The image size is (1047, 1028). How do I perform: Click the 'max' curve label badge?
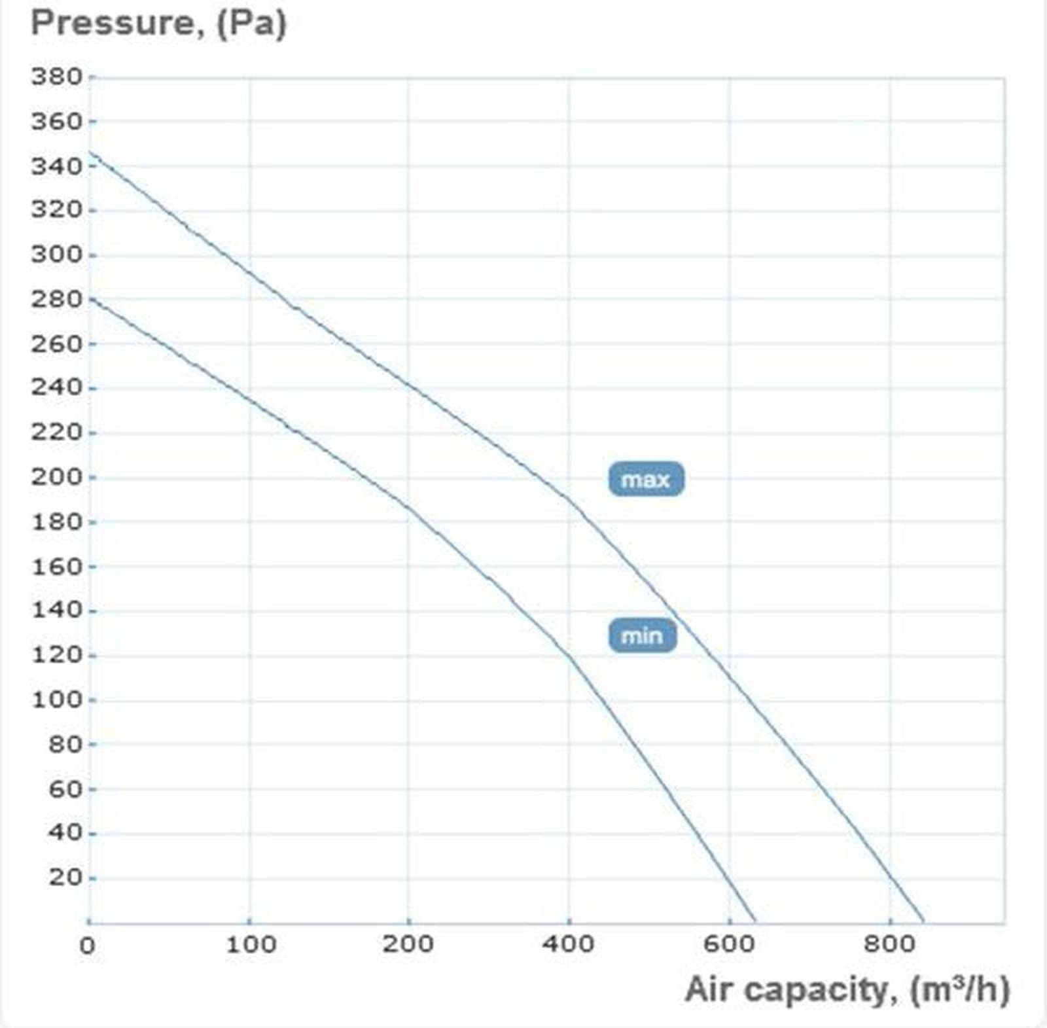point(646,480)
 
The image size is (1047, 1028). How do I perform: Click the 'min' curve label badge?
point(642,635)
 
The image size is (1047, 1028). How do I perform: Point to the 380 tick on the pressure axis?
point(57,77)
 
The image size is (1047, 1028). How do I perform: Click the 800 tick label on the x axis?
point(889,944)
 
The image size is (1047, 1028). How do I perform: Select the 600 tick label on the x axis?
point(728,944)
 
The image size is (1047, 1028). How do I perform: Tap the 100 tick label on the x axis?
point(250,944)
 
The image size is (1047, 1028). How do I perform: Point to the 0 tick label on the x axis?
point(88,946)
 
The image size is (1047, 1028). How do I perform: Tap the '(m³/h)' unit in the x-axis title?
point(959,989)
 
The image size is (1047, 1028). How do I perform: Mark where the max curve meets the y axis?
point(90,152)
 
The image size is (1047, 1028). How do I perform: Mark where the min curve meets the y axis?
point(90,298)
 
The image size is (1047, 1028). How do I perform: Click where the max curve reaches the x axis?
point(923,921)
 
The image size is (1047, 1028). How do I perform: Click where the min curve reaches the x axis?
point(754,921)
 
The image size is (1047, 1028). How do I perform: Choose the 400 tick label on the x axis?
point(568,944)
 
